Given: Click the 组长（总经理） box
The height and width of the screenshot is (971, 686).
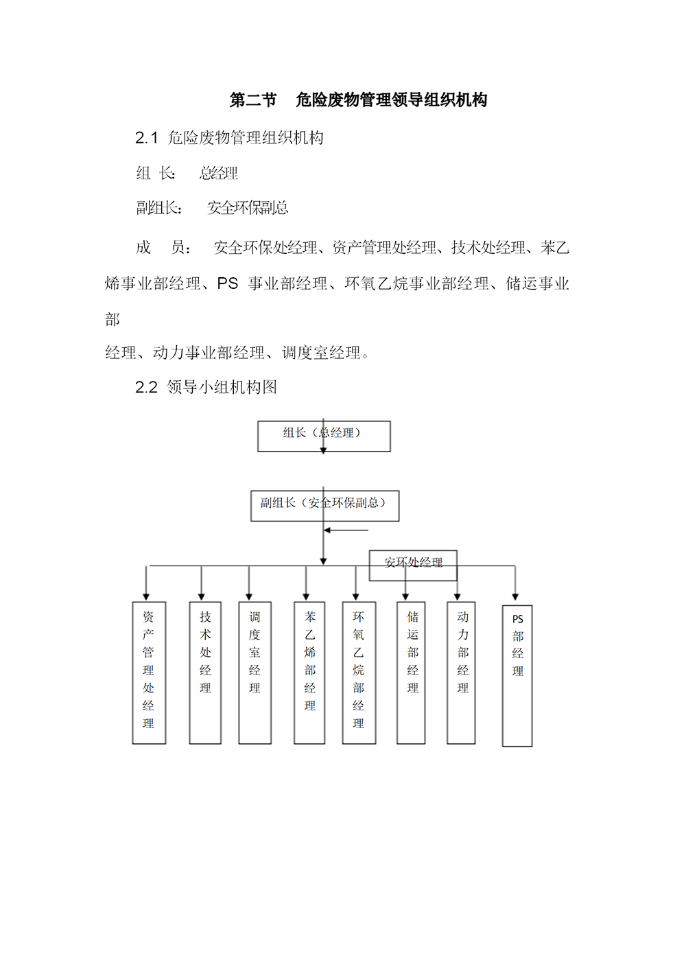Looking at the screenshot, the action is (324, 436).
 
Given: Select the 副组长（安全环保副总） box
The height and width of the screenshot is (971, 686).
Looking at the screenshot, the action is (324, 506).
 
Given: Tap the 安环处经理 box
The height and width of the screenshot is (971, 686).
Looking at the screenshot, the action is (413, 565).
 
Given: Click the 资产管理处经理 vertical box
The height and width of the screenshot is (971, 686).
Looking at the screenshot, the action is (149, 672).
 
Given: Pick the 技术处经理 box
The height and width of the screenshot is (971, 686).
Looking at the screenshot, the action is (205, 672).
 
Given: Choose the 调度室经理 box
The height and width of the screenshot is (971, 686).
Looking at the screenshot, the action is (255, 672).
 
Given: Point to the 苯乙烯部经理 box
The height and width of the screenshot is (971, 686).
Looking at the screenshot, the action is (309, 672).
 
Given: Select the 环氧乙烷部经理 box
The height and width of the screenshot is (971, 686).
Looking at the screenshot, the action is (359, 672).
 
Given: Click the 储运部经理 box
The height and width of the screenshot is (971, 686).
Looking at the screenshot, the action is (411, 672).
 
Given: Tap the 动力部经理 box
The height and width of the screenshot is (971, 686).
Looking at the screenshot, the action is (461, 672).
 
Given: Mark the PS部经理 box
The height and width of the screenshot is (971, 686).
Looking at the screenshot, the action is (517, 676).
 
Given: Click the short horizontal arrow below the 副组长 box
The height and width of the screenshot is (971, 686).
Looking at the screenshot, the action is (346, 530).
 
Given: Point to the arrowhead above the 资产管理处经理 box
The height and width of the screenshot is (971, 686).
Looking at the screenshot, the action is (146, 597).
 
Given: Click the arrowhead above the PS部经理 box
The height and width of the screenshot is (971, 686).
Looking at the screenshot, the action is (515, 597).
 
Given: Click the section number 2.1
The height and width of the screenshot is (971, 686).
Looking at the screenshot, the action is (147, 139).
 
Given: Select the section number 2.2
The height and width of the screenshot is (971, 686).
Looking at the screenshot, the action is (147, 388).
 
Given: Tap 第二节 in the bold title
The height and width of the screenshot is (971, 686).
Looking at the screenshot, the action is (253, 100).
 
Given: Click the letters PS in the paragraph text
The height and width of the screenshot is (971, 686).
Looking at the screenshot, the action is (228, 283).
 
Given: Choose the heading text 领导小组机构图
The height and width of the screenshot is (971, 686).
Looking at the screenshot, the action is (222, 388).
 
